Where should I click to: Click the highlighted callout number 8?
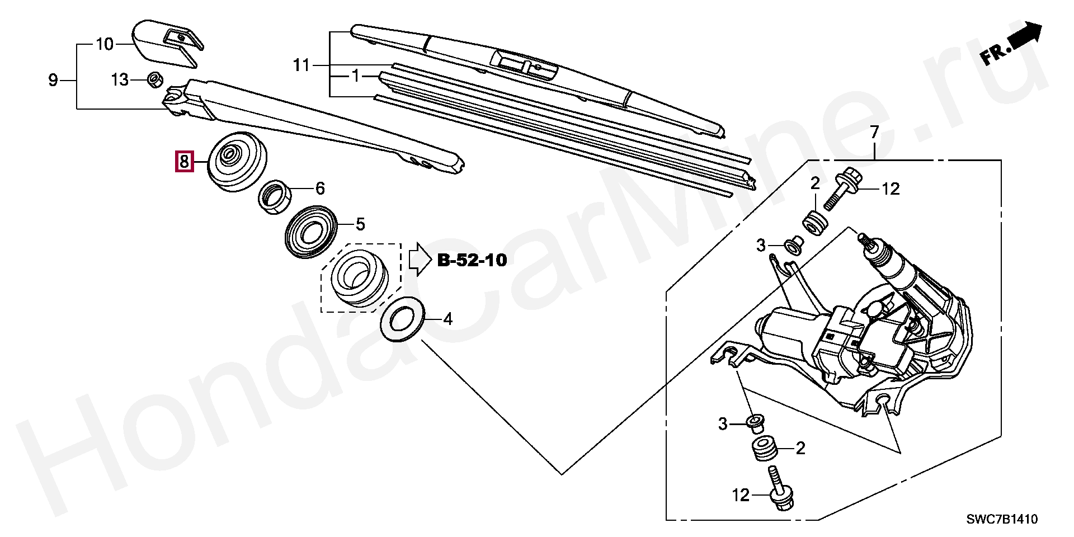coord(184,162)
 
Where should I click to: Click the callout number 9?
coord(53,81)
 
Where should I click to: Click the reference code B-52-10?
coord(472,260)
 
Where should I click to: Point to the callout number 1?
coord(356,76)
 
